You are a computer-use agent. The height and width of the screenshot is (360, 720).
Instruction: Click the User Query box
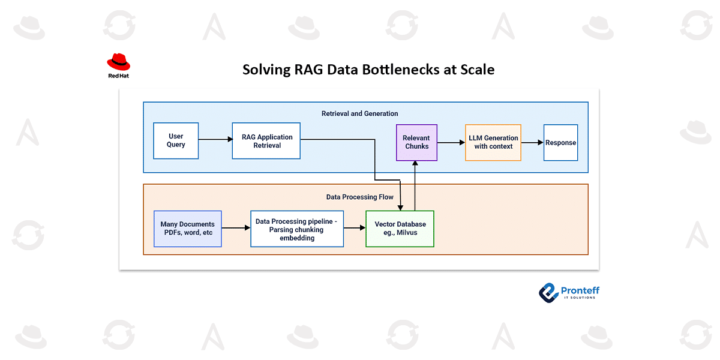point(176,141)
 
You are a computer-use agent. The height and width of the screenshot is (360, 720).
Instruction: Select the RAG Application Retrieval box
point(266,141)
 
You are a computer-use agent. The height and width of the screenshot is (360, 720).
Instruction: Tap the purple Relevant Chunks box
point(416,143)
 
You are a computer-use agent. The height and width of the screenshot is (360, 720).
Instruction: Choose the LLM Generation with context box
point(493,142)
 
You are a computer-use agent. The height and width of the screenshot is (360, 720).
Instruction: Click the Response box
point(560,143)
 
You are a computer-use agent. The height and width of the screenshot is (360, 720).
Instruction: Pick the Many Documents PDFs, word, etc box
point(188,229)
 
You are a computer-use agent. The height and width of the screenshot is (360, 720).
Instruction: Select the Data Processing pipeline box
point(297,229)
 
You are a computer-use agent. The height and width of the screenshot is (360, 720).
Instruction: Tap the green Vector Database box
point(400,229)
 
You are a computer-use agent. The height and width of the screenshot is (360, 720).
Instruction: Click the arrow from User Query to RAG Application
point(215,140)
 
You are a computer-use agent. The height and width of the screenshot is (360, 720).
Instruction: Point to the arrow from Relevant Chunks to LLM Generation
point(451,143)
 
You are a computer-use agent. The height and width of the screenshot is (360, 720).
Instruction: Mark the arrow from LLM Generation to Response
point(532,143)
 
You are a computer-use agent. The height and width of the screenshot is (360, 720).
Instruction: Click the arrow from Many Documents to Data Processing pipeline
point(236,228)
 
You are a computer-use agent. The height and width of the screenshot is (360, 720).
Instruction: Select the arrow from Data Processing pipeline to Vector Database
point(355,228)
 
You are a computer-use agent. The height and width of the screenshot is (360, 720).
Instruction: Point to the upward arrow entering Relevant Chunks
point(415,186)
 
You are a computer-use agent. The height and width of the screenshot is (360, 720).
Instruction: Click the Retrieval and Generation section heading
point(359,113)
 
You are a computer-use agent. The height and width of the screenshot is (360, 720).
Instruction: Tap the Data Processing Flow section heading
point(359,197)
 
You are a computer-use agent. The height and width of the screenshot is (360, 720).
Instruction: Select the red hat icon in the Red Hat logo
point(118,62)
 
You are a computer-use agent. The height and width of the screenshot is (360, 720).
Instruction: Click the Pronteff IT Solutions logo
point(569,292)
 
